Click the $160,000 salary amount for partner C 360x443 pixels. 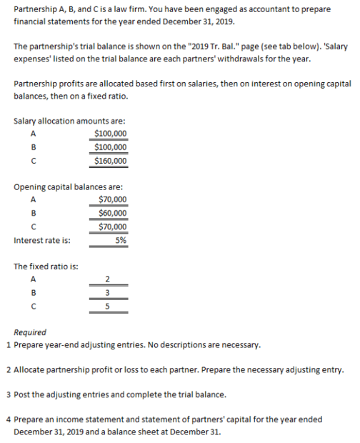(111, 161)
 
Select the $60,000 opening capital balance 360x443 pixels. (113, 213)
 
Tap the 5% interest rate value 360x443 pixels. (121, 240)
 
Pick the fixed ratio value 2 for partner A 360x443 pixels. (107, 279)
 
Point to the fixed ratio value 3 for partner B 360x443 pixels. (107, 292)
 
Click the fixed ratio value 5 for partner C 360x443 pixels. (107, 306)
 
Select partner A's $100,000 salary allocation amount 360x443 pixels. (111, 134)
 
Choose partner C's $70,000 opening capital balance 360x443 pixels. (113, 227)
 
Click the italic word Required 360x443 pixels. (30, 332)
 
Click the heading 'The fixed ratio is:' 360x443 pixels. (46, 266)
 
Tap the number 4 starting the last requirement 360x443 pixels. (7, 419)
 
